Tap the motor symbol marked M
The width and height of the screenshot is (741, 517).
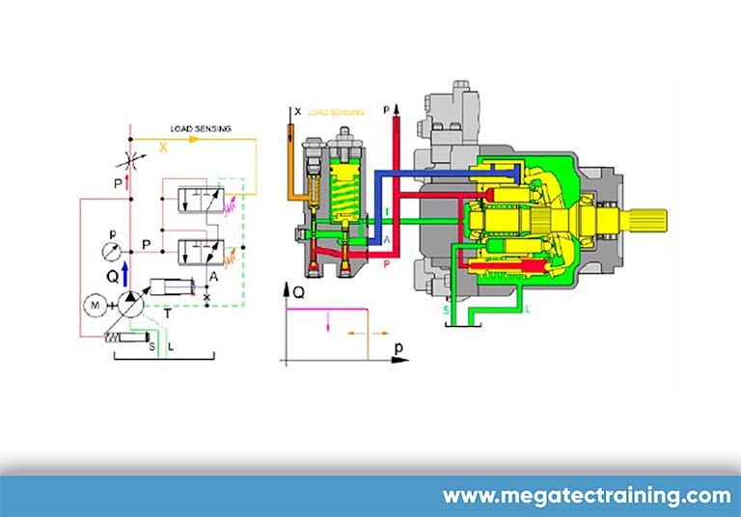click(x=95, y=305)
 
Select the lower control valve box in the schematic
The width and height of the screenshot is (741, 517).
click(x=201, y=252)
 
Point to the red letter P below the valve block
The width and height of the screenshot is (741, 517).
click(x=387, y=261)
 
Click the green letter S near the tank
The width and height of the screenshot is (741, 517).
click(x=445, y=311)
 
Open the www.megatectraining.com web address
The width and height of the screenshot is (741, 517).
click(x=587, y=497)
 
